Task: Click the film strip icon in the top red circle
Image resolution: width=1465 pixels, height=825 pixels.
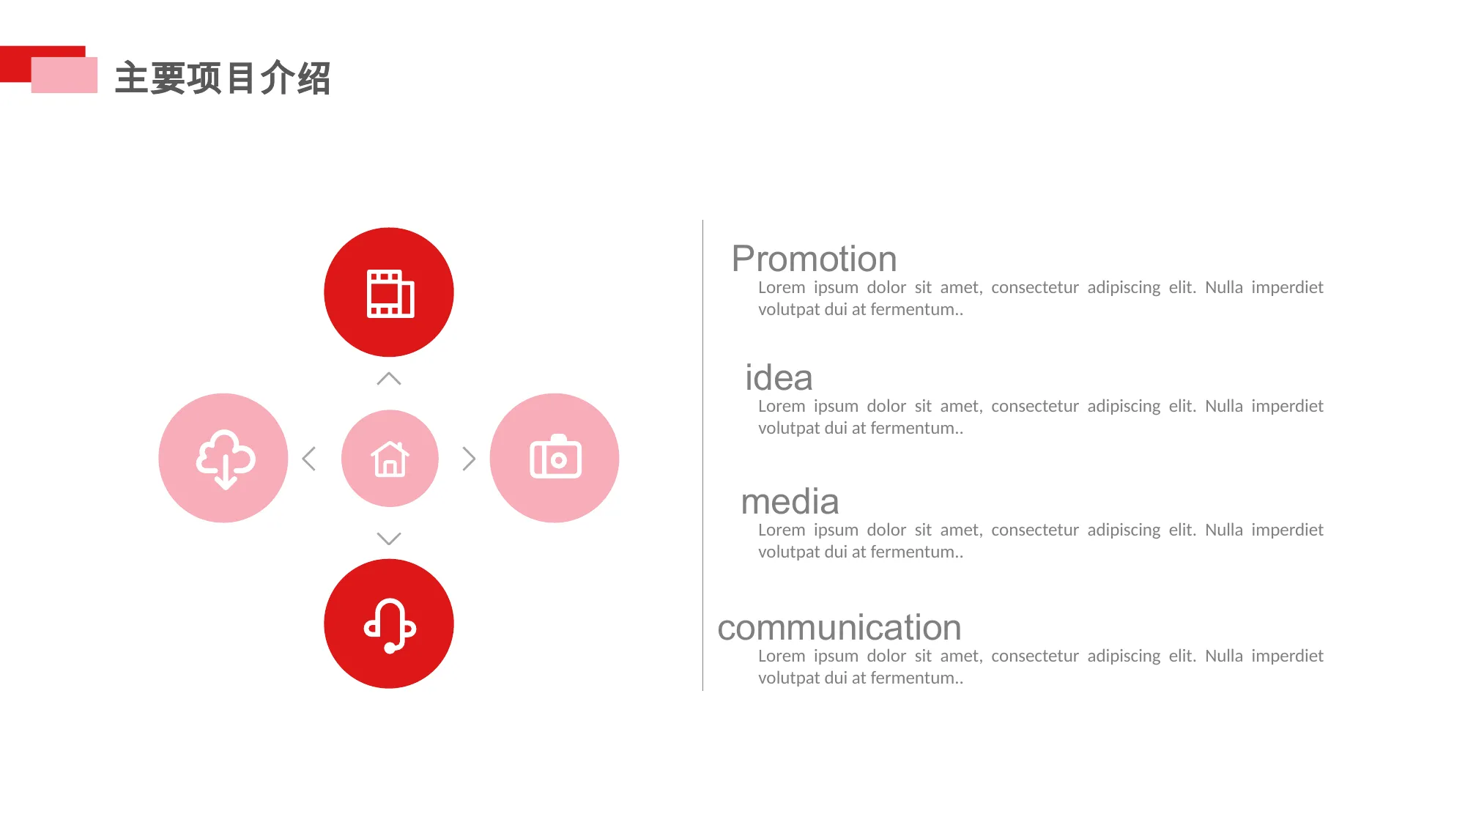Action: coord(390,294)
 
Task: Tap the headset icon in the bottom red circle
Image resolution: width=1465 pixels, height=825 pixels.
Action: coord(390,625)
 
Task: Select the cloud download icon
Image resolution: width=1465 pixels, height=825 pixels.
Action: coord(226,459)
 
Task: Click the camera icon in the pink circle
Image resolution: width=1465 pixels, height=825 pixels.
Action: coord(555,456)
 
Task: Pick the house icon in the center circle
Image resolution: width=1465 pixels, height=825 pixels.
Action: coord(390,459)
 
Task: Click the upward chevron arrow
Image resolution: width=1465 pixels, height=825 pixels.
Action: coord(389,378)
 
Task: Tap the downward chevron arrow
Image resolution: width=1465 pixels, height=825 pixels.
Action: coord(389,539)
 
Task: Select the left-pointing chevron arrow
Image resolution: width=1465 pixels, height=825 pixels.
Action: coord(309,459)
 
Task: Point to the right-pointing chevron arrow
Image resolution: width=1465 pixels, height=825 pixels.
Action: coord(469,459)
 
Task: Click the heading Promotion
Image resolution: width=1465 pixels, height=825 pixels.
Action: coord(814,259)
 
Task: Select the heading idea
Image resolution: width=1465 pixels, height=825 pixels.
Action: coord(779,378)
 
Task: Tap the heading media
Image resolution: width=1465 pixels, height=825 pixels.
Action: coord(790,502)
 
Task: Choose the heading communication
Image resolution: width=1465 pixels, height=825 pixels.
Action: coord(839,628)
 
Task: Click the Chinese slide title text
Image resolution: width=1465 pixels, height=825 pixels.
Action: coord(223,78)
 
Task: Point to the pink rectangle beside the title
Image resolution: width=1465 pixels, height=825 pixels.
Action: coord(64,75)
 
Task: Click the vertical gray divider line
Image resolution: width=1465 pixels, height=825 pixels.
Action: coord(702,455)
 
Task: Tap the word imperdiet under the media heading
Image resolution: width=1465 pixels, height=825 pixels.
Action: coord(1287,530)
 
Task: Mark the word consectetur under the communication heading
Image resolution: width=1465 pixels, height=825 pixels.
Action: coord(1035,656)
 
